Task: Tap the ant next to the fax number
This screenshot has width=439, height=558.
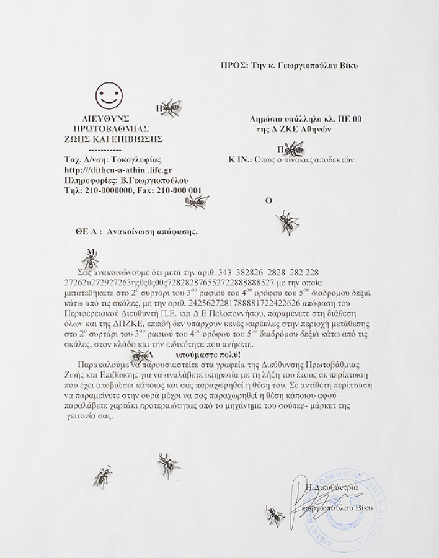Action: [197, 201]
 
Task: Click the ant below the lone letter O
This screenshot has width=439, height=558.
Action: [286, 221]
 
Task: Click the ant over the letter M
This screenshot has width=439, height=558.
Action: [91, 259]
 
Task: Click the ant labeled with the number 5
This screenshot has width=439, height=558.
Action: [103, 477]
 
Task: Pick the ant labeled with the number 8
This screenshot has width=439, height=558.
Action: [167, 464]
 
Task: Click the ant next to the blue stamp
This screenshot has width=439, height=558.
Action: [275, 515]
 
